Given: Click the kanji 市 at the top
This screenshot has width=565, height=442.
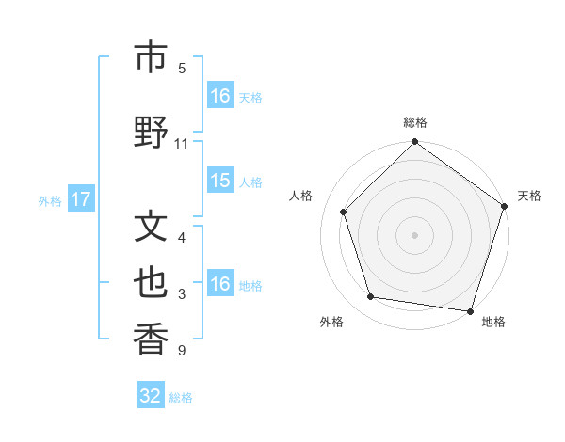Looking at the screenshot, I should [x=151, y=57].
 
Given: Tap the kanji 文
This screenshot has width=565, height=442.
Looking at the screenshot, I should [x=151, y=227].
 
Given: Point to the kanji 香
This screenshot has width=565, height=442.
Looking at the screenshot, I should [x=151, y=339].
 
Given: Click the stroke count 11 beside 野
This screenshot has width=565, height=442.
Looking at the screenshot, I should [x=182, y=144].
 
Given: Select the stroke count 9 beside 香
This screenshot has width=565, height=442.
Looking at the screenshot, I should [x=181, y=352].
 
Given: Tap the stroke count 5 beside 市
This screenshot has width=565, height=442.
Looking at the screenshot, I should [x=182, y=69].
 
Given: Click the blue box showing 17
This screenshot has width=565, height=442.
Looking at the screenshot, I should [x=81, y=199].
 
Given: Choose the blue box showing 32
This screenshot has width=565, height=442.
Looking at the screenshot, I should [x=151, y=396].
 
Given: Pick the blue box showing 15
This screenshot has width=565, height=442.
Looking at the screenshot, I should [x=220, y=181].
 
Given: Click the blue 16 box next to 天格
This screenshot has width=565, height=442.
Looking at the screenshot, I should [x=220, y=96].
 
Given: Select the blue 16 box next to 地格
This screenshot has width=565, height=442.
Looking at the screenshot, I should [x=220, y=284].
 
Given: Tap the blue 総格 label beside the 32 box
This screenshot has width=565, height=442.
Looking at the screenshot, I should [x=181, y=398].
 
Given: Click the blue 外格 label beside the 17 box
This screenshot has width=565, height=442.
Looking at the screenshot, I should [x=50, y=200].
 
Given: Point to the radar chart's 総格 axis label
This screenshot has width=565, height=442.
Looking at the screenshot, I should [x=415, y=122].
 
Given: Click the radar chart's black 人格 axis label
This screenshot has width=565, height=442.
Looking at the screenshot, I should [x=301, y=196].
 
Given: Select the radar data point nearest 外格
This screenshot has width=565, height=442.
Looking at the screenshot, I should [x=371, y=297].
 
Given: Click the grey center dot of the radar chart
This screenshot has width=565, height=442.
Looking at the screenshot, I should [x=415, y=235].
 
